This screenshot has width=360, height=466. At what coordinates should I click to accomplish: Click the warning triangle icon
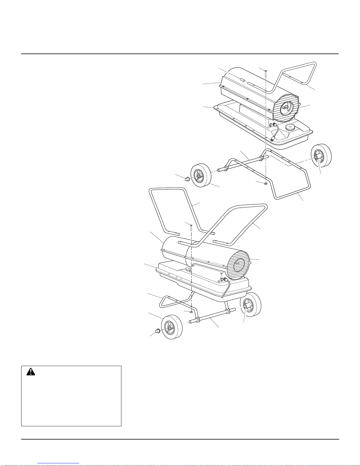pos(30,372)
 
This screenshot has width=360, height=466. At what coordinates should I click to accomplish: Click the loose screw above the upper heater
pos(265,72)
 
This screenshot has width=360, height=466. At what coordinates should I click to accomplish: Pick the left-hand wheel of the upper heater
pos(201,176)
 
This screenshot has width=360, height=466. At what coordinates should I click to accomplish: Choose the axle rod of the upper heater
pos(241,163)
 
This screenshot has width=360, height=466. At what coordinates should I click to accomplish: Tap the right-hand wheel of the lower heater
pos(251,306)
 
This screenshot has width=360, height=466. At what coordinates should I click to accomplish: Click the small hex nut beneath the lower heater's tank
pos(191,312)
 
